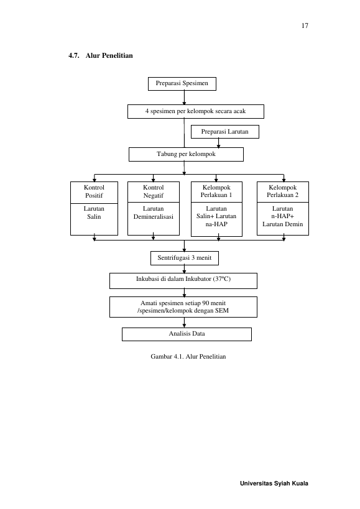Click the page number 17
pyautogui.click(x=305, y=25)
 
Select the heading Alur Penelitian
pyautogui.click(x=109, y=55)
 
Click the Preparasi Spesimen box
pyautogui.click(x=182, y=84)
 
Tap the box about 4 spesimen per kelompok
pyautogui.click(x=196, y=111)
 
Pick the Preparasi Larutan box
pyautogui.click(x=225, y=132)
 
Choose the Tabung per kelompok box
pyautogui.click(x=186, y=155)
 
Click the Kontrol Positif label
pyautogui.click(x=94, y=191)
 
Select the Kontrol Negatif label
pyautogui.click(x=154, y=191)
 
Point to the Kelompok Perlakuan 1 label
pyautogui.click(x=216, y=191)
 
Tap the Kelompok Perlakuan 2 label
pyautogui.click(x=283, y=191)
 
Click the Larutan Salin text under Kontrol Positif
pyautogui.click(x=94, y=213)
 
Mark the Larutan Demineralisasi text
pyautogui.click(x=154, y=213)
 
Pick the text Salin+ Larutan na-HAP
pyautogui.click(x=216, y=220)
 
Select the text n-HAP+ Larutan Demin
pyautogui.click(x=283, y=220)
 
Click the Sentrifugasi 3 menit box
pyautogui.click(x=185, y=258)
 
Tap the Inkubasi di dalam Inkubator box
pyautogui.click(x=183, y=281)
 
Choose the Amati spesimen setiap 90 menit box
pyautogui.click(x=183, y=307)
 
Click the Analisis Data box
pyautogui.click(x=187, y=334)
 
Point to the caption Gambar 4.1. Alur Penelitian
pyautogui.click(x=188, y=357)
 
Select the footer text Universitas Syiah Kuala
pyautogui.click(x=274, y=484)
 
